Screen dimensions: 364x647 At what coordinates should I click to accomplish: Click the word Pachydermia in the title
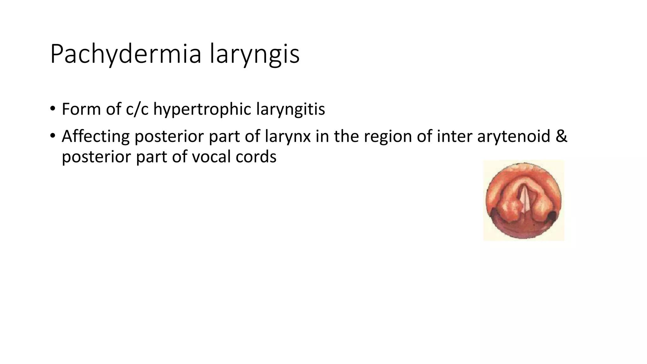[125, 55]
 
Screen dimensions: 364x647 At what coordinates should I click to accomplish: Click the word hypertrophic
[202, 109]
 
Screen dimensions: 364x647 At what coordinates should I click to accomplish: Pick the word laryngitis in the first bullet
[290, 109]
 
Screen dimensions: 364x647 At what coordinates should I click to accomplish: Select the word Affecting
[95, 136]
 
